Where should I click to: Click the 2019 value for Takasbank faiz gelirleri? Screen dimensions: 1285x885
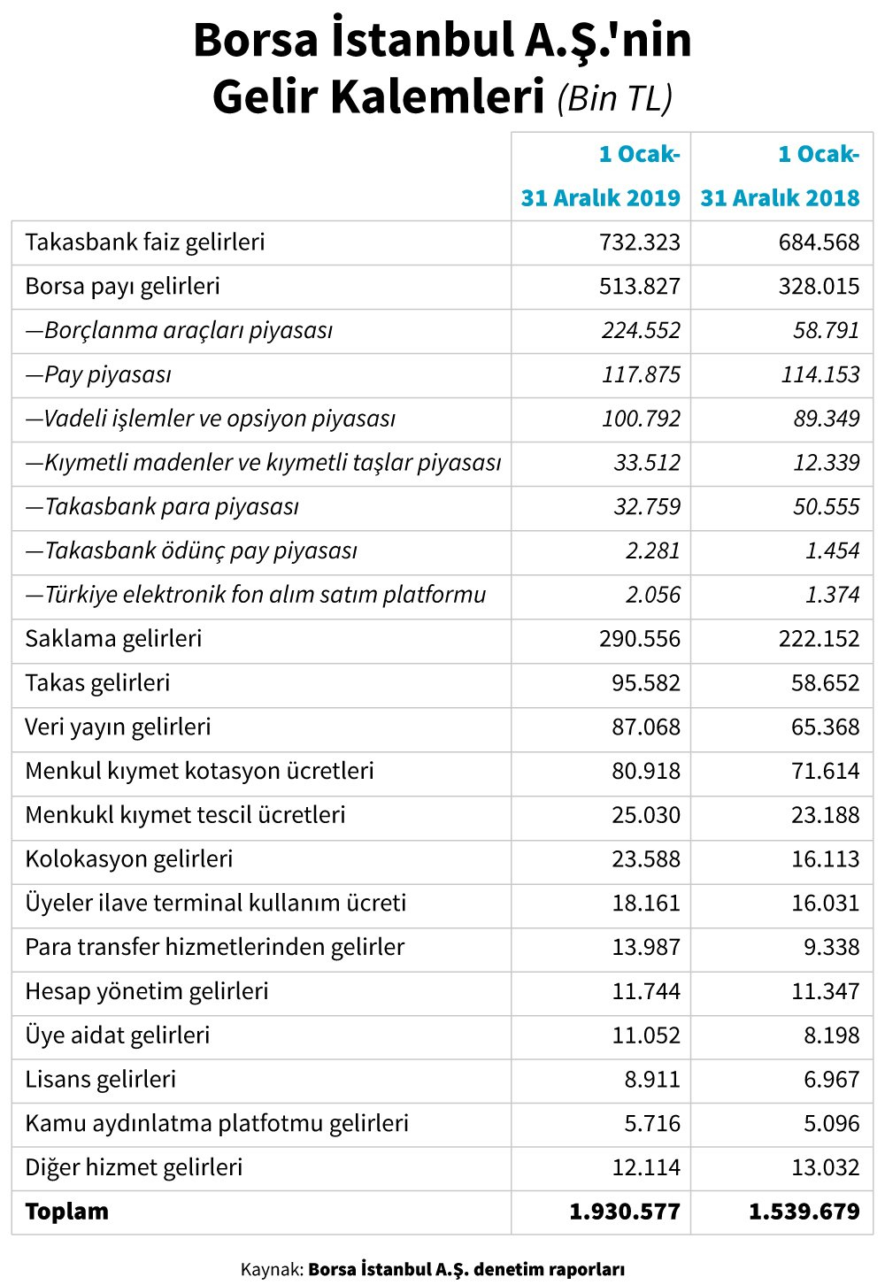tap(640, 242)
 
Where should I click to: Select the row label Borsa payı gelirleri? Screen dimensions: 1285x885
tap(122, 287)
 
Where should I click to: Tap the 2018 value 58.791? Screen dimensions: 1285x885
tap(826, 331)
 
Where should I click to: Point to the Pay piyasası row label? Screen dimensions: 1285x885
tap(98, 375)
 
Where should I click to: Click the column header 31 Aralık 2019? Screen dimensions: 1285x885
tap(600, 198)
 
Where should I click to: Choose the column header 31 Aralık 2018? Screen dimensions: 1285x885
tap(780, 198)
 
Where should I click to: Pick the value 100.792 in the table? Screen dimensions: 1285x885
tap(641, 419)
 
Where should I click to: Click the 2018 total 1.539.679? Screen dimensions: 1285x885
tap(804, 1212)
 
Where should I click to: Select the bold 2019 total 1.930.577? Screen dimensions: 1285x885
tap(625, 1212)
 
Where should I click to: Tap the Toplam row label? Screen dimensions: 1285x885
tap(67, 1212)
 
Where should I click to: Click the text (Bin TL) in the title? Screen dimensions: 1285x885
tap(615, 98)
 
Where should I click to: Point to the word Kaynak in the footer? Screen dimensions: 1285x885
tap(270, 1270)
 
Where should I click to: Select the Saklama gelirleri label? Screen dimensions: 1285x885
tap(113, 639)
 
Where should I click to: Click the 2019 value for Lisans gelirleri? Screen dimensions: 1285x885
tap(652, 1080)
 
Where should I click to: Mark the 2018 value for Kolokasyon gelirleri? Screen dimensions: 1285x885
tap(825, 859)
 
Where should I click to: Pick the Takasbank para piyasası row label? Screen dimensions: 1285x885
tap(162, 507)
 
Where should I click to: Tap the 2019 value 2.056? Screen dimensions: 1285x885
tap(652, 595)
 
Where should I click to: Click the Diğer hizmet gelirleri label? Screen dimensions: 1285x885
tap(134, 1167)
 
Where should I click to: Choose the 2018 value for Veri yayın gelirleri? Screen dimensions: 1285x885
tap(825, 727)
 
